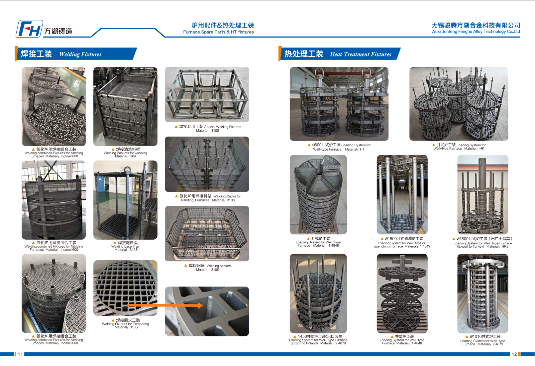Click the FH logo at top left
(x=29, y=29)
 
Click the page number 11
(x=20, y=354)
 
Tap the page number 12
(x=514, y=354)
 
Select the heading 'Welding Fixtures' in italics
(x=80, y=54)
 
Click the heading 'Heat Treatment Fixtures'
(x=361, y=54)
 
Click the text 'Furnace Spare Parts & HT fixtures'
(x=219, y=32)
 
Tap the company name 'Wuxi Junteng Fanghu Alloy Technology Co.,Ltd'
(x=476, y=32)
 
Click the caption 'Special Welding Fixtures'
(x=223, y=127)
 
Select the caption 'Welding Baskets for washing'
(x=125, y=153)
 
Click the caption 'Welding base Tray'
(x=125, y=246)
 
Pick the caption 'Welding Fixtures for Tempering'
(x=125, y=324)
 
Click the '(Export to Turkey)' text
(x=471, y=247)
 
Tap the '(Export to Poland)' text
(x=304, y=343)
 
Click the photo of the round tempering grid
(x=125, y=288)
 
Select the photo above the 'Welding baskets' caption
(x=207, y=234)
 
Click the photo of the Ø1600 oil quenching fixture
(x=402, y=194)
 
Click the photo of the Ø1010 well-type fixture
(x=483, y=294)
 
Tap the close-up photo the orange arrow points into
(x=207, y=311)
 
